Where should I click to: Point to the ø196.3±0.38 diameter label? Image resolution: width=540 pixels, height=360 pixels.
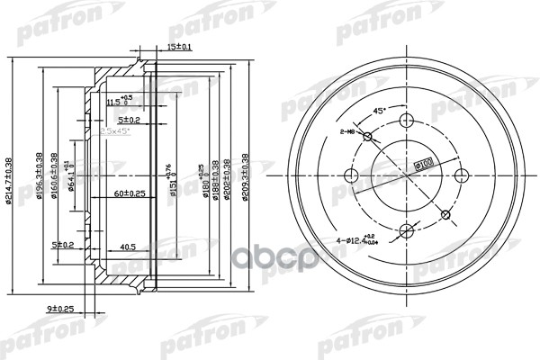pos(40,168)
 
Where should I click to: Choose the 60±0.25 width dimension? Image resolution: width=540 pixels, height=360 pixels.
pos(136,193)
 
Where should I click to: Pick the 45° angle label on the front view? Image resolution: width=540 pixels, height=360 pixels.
pos(379,111)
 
